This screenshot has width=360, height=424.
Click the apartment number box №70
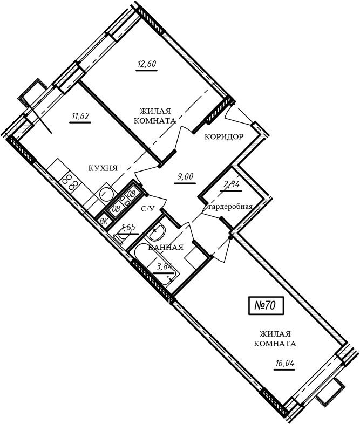tap(266, 305)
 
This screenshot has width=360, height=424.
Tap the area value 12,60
tap(147, 64)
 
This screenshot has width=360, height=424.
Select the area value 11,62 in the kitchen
tap(80, 117)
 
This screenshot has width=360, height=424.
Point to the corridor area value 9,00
tap(185, 177)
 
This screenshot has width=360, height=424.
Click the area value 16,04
tap(284, 364)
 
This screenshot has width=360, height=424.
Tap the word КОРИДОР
tap(223, 137)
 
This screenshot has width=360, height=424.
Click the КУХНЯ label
tap(103, 168)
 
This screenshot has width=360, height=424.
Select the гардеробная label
tap(230, 207)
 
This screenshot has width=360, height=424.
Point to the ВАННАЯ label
tap(166, 247)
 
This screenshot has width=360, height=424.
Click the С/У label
tap(148, 208)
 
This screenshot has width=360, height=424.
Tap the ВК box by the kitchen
tap(104, 222)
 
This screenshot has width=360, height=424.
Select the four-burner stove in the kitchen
tap(70, 182)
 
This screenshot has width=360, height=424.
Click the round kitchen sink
tap(105, 194)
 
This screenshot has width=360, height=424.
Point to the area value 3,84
tap(165, 266)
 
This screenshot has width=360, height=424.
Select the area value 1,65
tap(128, 227)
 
